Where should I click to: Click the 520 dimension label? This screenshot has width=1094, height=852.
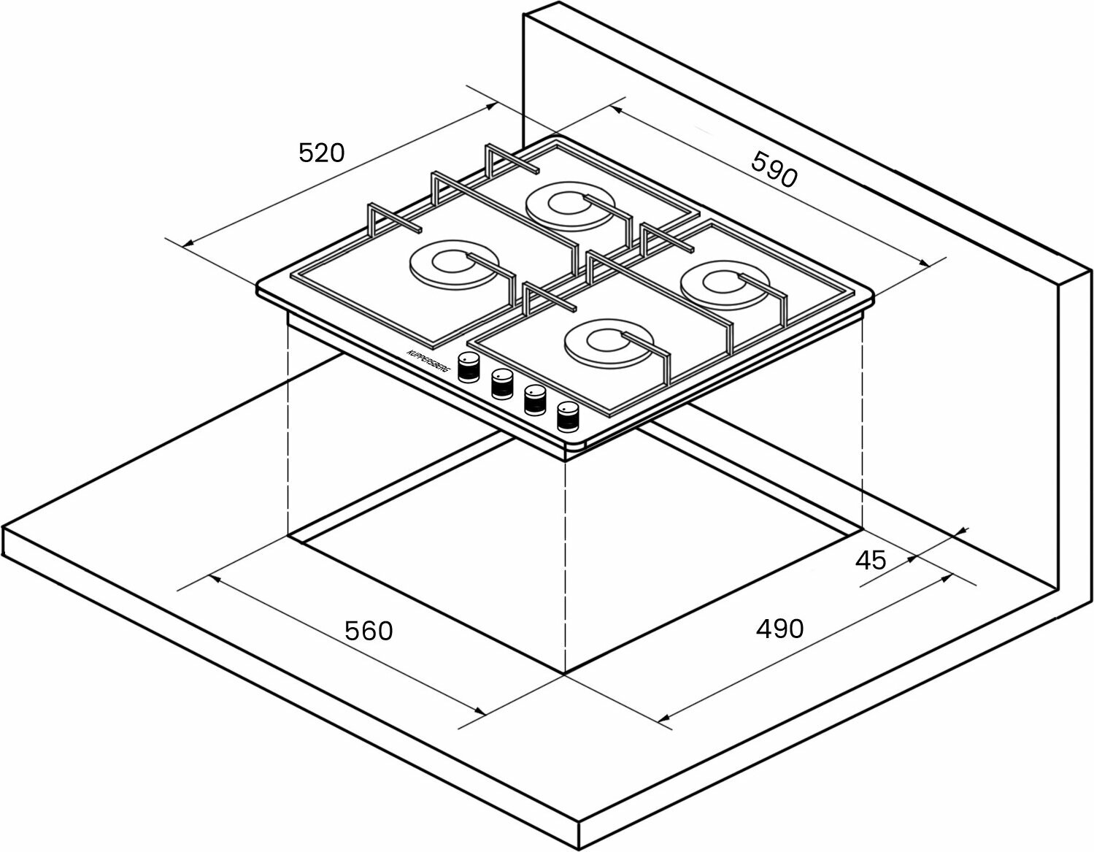coord(321,153)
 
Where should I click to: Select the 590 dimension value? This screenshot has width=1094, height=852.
coord(774,170)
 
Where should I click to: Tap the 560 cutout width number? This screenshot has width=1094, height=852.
coord(369,630)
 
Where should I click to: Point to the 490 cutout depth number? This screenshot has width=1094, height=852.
coord(779,628)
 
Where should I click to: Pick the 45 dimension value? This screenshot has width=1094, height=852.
coord(871,560)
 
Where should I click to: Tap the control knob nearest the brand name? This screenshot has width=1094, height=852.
coord(469,367)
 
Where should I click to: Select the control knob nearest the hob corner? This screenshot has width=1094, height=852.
coord(567,417)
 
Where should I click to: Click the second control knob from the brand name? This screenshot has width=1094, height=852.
coord(501,383)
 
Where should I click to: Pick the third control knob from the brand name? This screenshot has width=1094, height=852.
coord(535,400)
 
